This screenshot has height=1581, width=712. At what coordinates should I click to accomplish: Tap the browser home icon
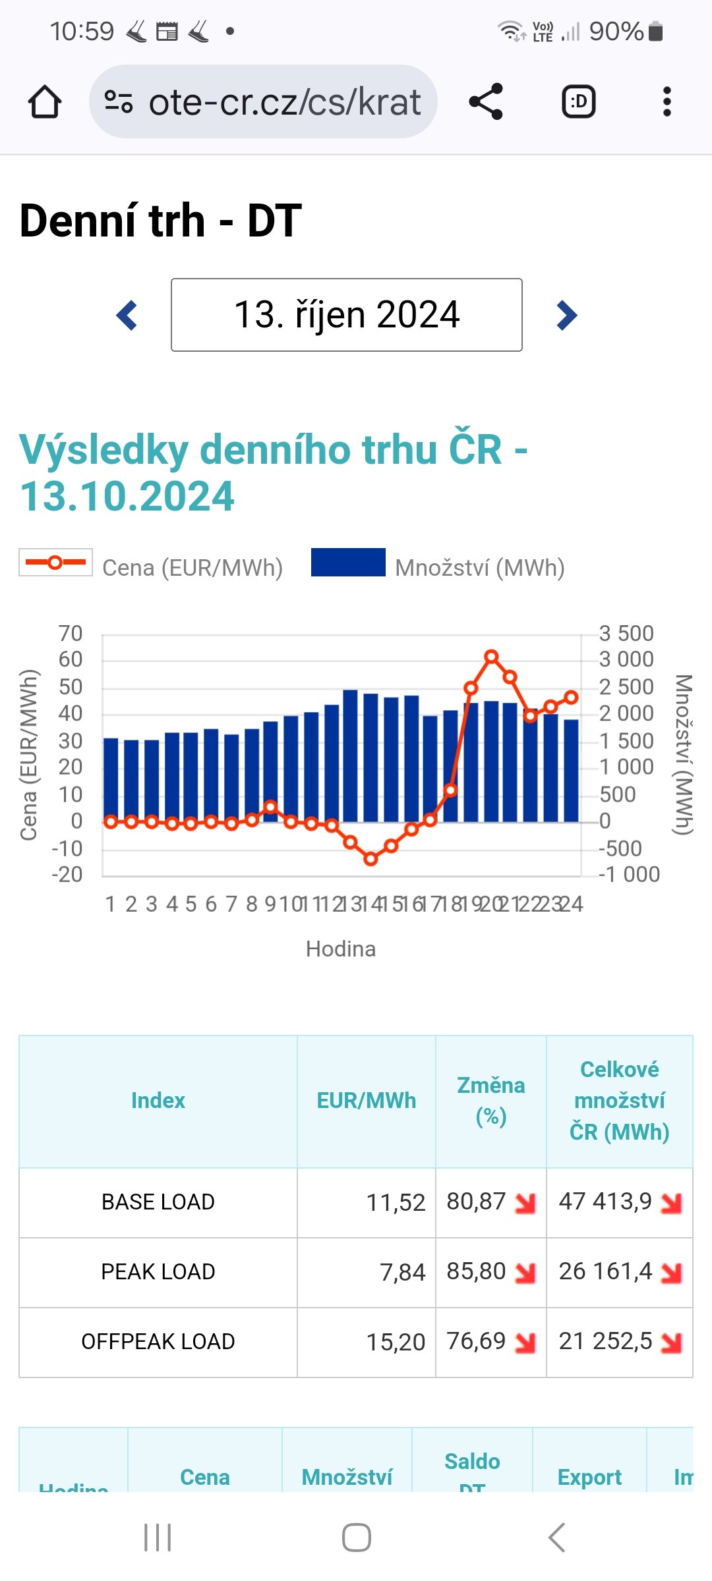coord(45,102)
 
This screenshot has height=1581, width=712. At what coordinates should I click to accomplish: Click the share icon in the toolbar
coord(486,101)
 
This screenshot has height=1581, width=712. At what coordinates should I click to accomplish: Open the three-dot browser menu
coord(667,101)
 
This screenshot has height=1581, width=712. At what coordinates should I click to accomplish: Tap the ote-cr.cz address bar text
coord(284,102)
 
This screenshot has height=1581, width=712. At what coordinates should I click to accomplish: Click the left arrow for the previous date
coord(127,315)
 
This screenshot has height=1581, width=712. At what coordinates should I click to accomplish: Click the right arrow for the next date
coord(566,315)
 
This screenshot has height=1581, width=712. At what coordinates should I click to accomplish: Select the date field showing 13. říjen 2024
coord(347,315)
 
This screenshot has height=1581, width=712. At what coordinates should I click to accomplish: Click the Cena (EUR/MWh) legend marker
coord(55,563)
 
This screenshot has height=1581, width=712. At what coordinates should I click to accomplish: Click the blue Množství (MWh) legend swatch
coord(348,563)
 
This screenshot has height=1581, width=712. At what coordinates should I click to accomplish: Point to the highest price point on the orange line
coord(491,657)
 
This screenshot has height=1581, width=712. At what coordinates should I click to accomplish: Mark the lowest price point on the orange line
coord(371,858)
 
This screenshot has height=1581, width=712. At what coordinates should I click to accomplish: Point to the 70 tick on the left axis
coord(71,634)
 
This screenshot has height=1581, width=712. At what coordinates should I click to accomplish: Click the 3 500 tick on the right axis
coord(626,634)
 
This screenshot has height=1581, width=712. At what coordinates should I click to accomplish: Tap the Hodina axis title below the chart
coord(341,949)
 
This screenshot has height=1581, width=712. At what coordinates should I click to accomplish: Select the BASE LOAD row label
coord(158,1202)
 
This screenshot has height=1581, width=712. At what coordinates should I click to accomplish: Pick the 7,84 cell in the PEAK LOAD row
coord(402,1272)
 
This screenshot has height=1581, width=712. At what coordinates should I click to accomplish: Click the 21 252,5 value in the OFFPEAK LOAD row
coord(605,1341)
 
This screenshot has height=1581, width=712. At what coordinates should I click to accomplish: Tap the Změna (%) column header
coord(491,1101)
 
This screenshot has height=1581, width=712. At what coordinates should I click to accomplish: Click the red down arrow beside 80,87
coord(525,1203)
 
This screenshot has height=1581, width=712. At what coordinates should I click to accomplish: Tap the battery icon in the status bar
coord(655,31)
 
